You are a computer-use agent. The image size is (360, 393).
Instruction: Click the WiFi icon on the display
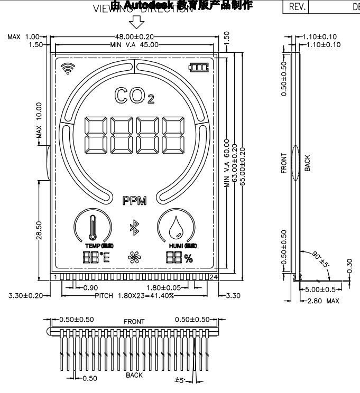pos(67,68)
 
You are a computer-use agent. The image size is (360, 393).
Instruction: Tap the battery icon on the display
pos(200,68)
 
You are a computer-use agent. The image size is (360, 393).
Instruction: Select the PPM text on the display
pos(135,200)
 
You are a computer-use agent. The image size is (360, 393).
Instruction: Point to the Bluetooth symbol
pos(134,228)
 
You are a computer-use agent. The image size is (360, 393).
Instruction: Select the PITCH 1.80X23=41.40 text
pos(135,295)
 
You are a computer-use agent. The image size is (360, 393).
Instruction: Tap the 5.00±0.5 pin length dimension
pos(321,289)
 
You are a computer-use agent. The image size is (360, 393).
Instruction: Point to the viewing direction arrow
pos(137,22)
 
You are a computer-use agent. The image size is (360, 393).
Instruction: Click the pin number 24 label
pos(214,277)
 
